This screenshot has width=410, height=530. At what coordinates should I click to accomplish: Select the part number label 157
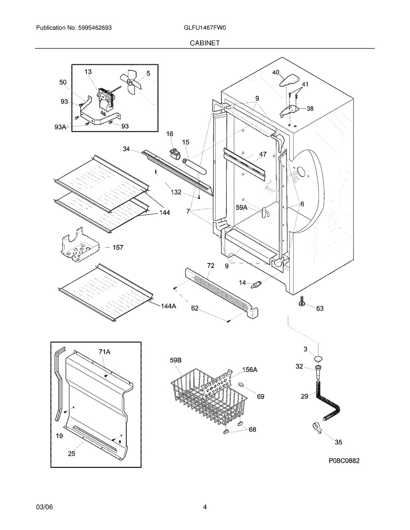118,247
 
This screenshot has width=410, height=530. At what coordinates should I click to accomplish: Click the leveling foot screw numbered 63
302,303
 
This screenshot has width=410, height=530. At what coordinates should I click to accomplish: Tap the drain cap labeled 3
317,359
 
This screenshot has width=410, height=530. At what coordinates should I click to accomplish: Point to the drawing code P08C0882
344,461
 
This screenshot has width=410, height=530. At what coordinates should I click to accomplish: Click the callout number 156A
249,370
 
